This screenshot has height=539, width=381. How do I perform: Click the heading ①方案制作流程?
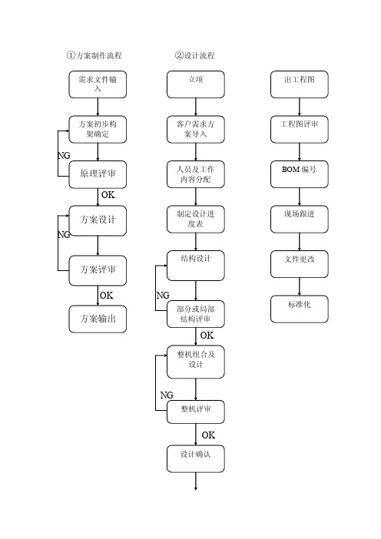point(94,55)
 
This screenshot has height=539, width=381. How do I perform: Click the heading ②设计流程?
point(194,55)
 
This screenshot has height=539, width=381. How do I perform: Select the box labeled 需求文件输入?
point(98,84)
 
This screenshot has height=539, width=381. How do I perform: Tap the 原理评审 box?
point(98,174)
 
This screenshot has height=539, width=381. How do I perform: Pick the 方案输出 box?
point(98,319)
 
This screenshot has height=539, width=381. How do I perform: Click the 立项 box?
point(196,84)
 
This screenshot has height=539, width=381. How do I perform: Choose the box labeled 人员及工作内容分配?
point(196,174)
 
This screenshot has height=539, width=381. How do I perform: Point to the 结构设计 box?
point(196,266)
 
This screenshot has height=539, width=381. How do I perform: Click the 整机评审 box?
point(196,412)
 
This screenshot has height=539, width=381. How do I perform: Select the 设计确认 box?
point(196,459)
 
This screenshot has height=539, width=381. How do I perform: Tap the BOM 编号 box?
point(299,174)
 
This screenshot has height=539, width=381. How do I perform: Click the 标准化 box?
point(299,309)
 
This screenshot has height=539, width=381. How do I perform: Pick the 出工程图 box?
point(299,84)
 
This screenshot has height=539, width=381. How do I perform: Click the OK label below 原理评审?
point(108,195)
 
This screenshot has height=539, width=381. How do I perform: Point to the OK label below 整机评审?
point(208,435)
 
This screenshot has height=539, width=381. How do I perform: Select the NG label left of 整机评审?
point(167,395)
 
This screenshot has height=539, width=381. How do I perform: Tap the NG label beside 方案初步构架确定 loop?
point(64,156)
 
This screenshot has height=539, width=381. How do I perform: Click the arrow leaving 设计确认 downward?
point(196,481)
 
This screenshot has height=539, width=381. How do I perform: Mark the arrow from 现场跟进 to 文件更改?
point(299,242)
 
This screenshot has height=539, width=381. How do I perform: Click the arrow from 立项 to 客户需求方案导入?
point(196,107)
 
